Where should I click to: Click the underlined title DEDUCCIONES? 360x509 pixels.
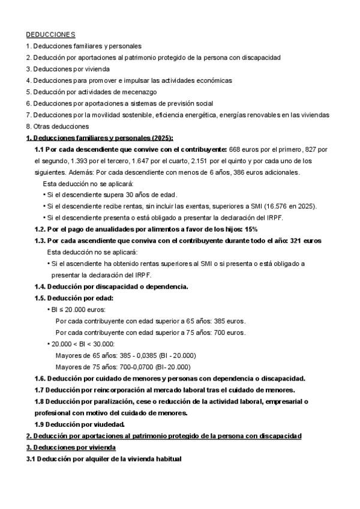pyautogui.click(x=50, y=35)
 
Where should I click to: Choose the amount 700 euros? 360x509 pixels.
pyautogui.click(x=231, y=332)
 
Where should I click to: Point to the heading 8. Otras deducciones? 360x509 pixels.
pyautogui.click(x=58, y=126)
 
